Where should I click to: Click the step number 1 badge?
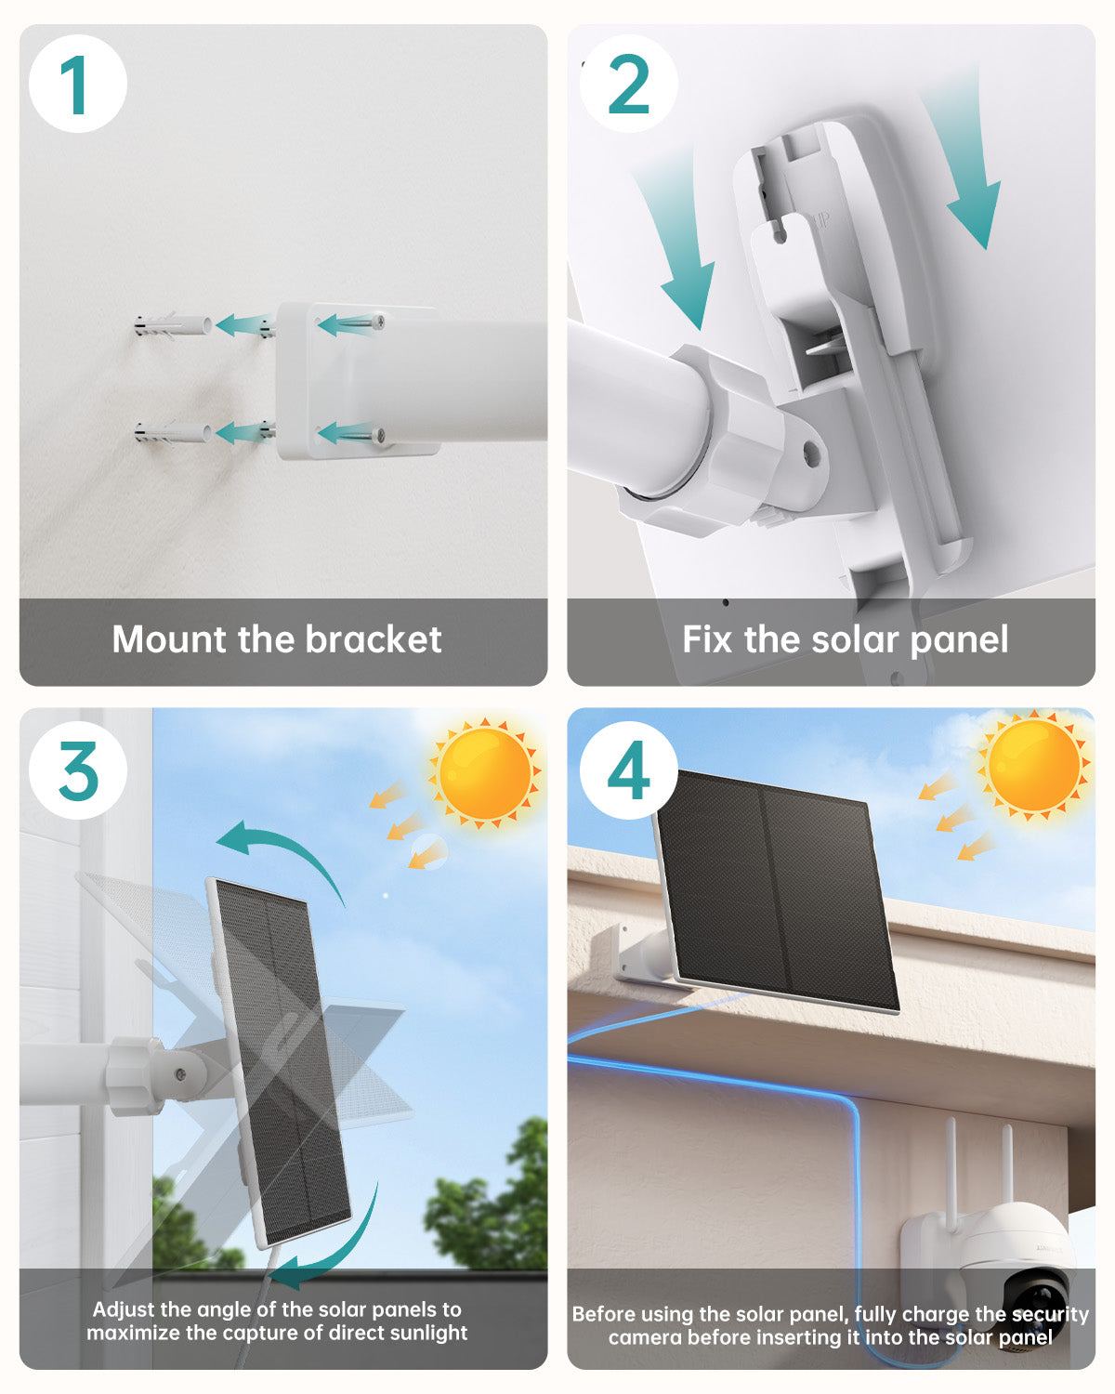tap(78, 85)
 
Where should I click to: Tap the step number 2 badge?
tap(628, 85)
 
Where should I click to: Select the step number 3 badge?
tap(78, 770)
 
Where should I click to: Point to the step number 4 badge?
tap(628, 770)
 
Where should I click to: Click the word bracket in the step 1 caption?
tap(374, 640)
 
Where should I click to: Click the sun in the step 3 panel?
tap(485, 773)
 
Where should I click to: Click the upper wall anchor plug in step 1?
tap(172, 325)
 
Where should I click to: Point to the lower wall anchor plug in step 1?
tap(172, 432)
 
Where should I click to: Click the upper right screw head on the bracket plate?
tap(379, 321)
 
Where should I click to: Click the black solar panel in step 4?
tap(776, 891)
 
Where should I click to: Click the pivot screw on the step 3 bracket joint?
tap(181, 1074)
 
